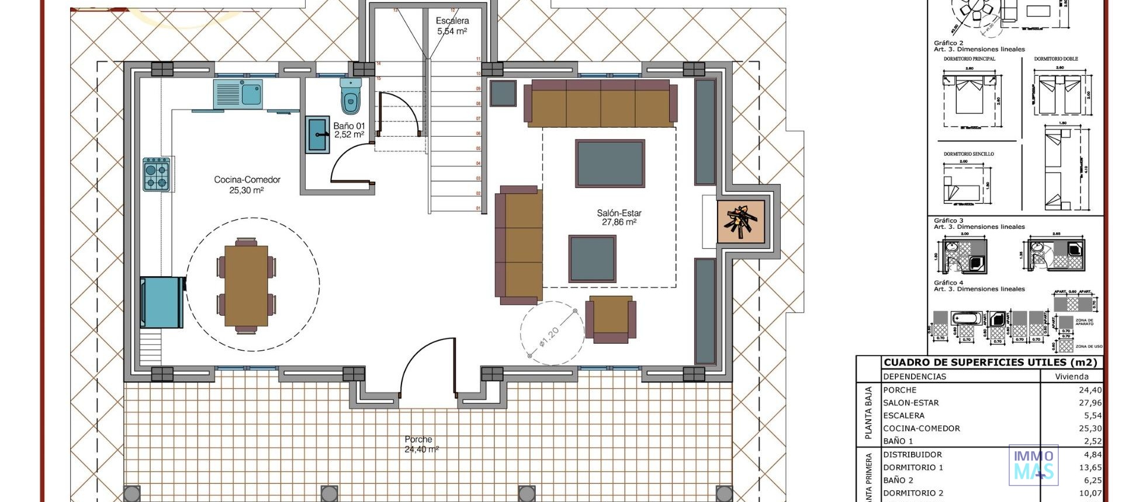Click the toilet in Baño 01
click(x=350, y=97)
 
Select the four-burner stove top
click(x=157, y=175)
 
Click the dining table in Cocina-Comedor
click(x=246, y=286)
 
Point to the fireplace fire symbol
click(x=740, y=221)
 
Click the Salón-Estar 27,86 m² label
click(x=619, y=218)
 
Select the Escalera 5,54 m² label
click(x=452, y=26)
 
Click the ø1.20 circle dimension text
click(x=549, y=337)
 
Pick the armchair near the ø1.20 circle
click(x=611, y=319)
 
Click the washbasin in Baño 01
click(x=318, y=135)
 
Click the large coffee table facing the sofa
click(x=610, y=163)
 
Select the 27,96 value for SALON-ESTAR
click(x=1090, y=403)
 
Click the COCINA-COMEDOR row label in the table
click(x=921, y=428)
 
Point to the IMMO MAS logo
click(x=1033, y=465)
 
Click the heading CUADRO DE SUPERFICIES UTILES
click(x=991, y=362)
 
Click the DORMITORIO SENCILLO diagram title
click(x=968, y=154)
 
